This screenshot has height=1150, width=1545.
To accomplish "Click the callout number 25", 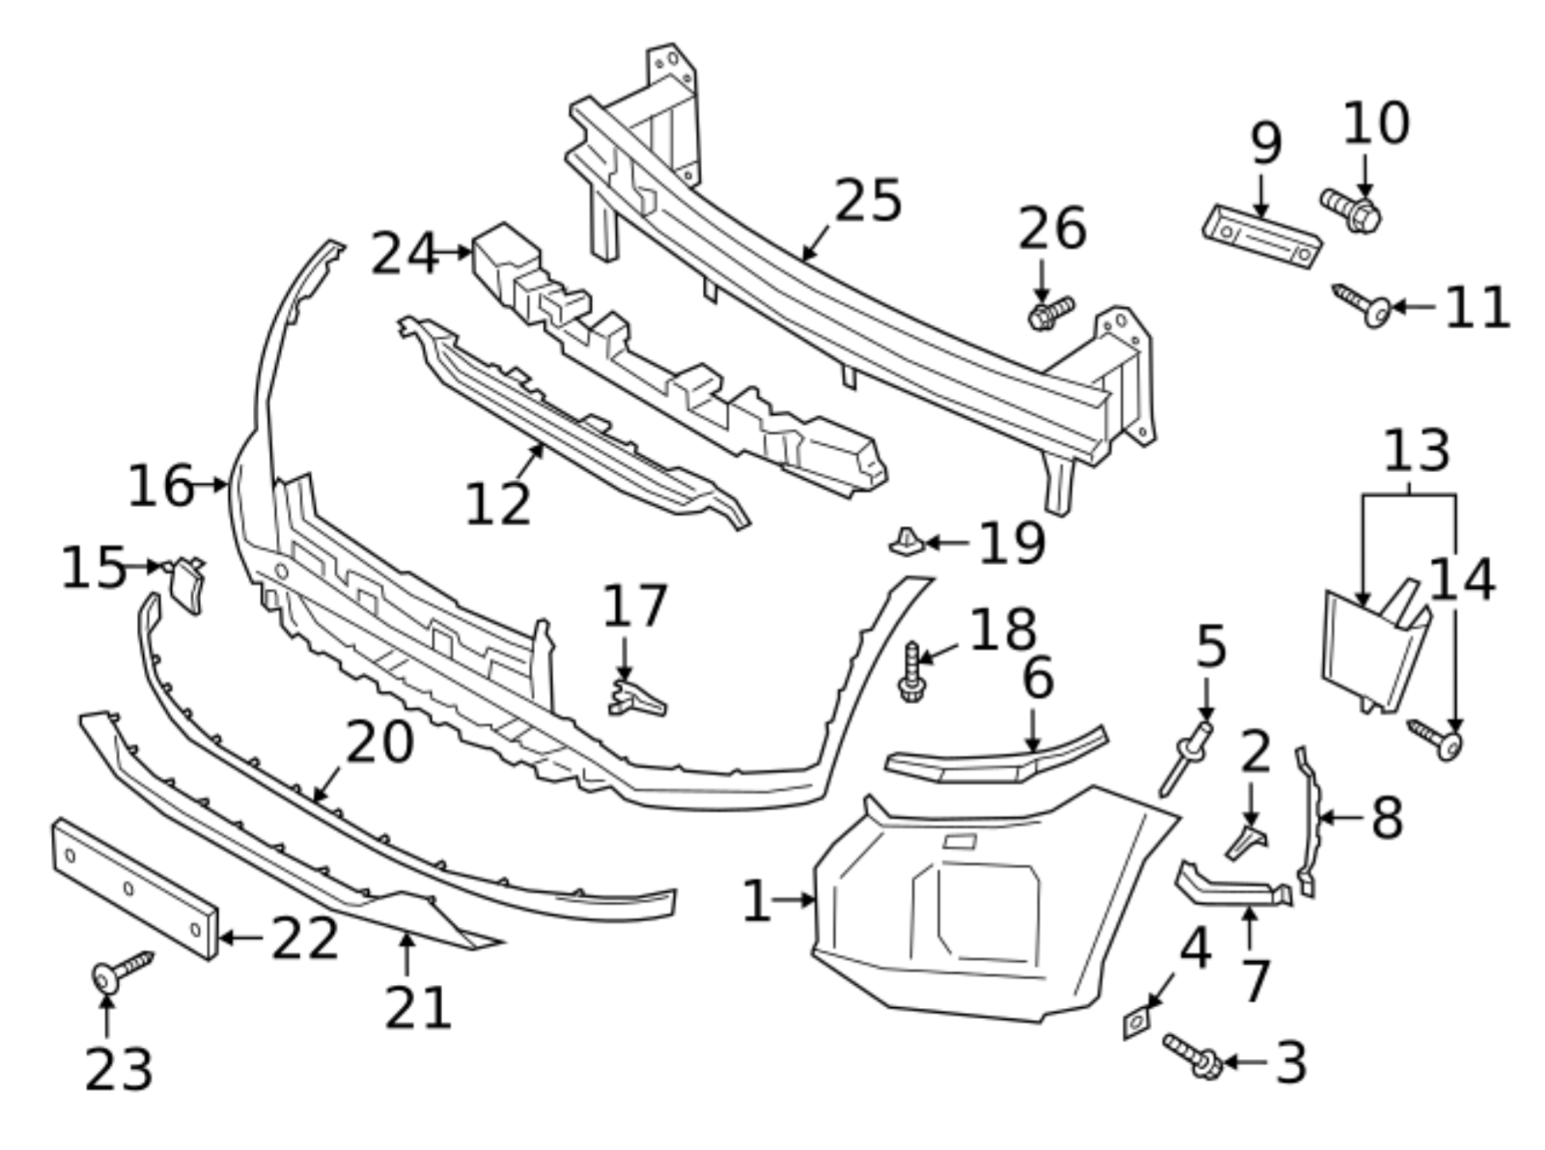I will click(x=866, y=202).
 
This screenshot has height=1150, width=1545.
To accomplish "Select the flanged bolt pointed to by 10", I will click(x=1350, y=209).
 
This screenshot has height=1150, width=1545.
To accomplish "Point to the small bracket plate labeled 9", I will click(x=1261, y=236).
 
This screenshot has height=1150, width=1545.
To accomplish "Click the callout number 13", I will click(x=1416, y=452).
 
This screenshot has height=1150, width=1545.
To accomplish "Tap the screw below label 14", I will click(x=1436, y=739).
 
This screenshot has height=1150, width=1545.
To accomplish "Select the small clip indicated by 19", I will click(x=906, y=543).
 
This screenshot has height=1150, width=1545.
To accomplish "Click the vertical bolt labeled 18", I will click(x=911, y=673).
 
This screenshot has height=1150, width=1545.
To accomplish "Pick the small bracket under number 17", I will click(x=635, y=699).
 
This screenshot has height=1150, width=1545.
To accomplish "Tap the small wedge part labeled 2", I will click(x=1248, y=841).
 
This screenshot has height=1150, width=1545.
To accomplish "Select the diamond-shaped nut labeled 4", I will click(x=1138, y=1022).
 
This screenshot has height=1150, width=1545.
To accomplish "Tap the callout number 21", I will click(x=417, y=1008).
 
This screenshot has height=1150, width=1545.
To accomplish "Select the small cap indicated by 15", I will click(x=185, y=584).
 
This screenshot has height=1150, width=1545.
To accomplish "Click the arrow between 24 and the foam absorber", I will click(x=454, y=253).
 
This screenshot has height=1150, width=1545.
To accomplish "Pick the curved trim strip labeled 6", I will click(x=995, y=758).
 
